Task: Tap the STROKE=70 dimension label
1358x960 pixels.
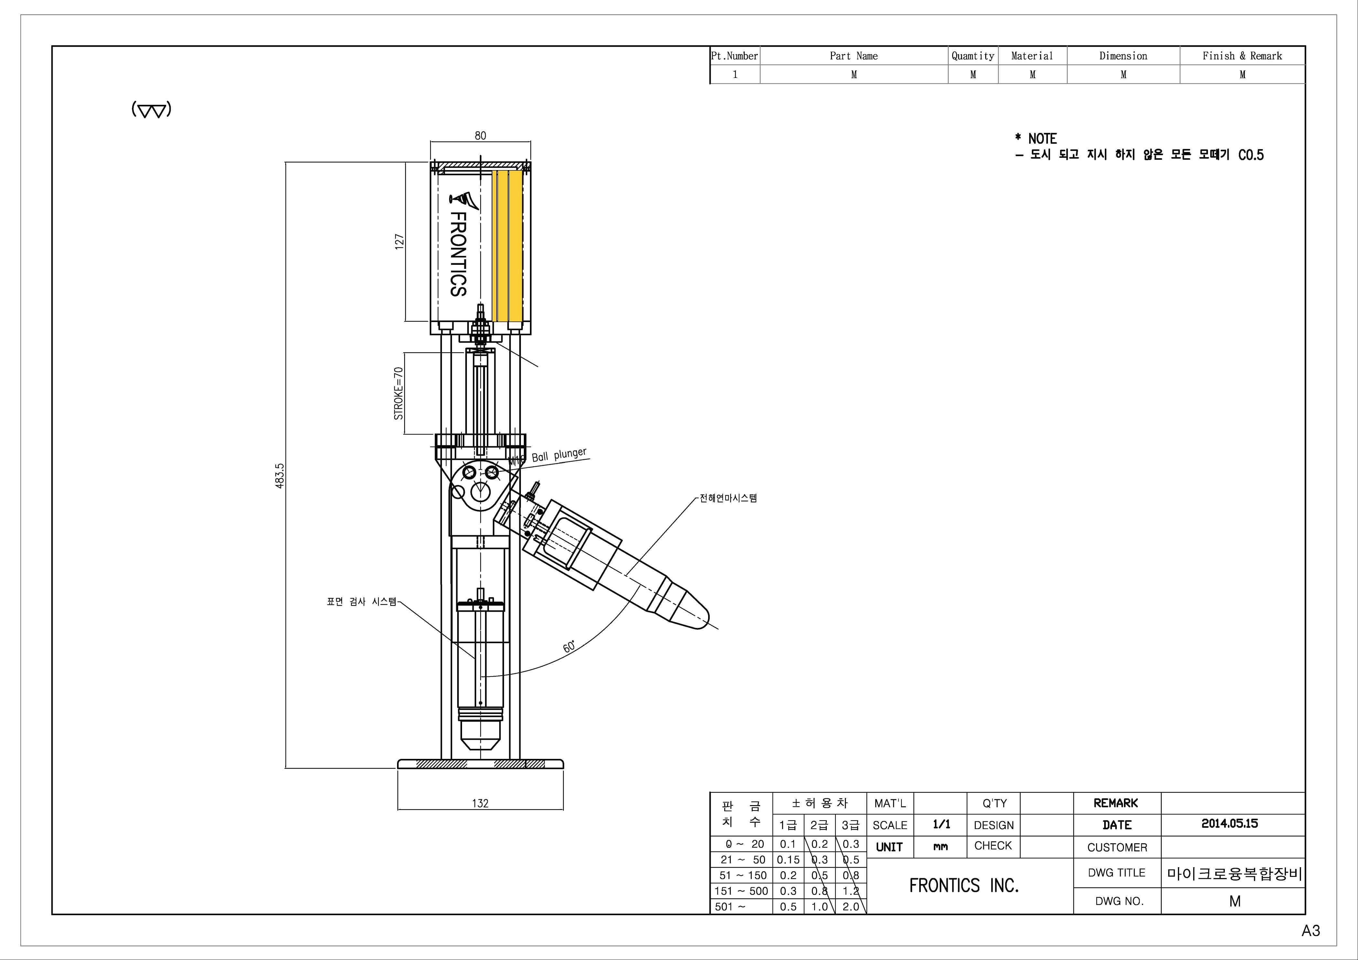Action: (399, 394)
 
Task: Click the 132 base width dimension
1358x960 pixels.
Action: (480, 803)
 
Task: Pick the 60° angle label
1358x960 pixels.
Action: (569, 646)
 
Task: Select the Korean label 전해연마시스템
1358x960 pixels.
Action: (728, 498)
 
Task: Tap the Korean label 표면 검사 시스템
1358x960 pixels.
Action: (361, 601)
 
